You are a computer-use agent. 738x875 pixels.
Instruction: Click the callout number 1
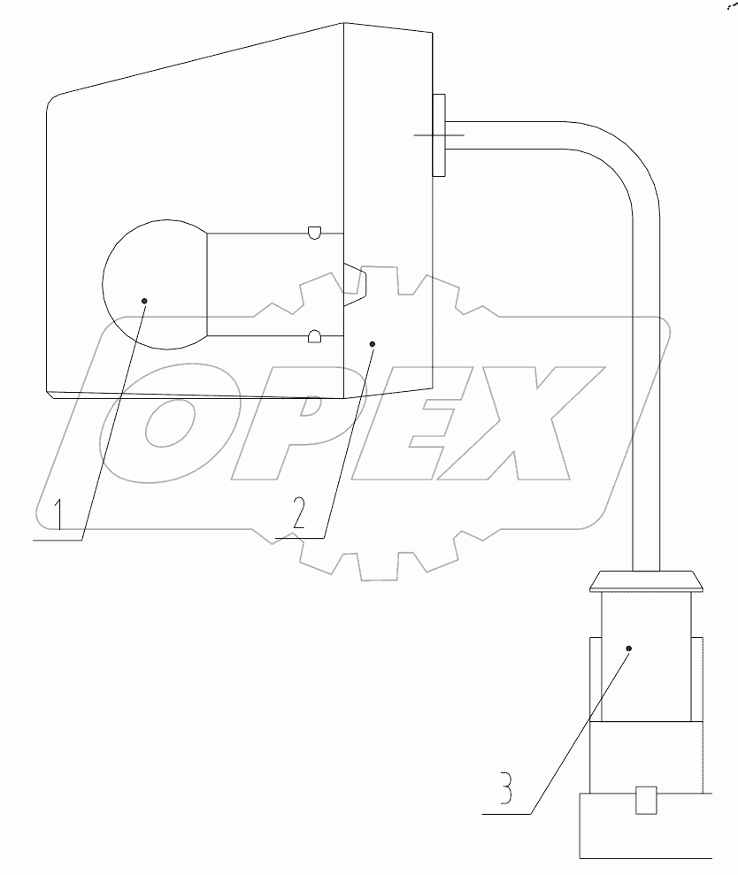tap(58, 514)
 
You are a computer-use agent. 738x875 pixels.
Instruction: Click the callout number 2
tap(299, 513)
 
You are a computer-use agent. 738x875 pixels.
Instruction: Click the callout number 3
tap(505, 787)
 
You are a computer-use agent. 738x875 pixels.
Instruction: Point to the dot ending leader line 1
tap(144, 301)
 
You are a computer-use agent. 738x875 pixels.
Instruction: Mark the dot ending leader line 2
tap(373, 342)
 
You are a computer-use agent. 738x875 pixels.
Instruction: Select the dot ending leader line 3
tap(629, 649)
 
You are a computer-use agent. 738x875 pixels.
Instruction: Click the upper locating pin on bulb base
tap(314, 233)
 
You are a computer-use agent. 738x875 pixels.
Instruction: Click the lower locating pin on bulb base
tap(314, 335)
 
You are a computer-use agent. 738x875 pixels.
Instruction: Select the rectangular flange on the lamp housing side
tap(439, 134)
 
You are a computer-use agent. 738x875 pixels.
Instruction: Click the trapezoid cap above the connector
tap(644, 581)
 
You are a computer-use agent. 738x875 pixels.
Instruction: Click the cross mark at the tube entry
tap(439, 134)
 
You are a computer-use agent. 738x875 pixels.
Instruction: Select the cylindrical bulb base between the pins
tap(265, 284)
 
